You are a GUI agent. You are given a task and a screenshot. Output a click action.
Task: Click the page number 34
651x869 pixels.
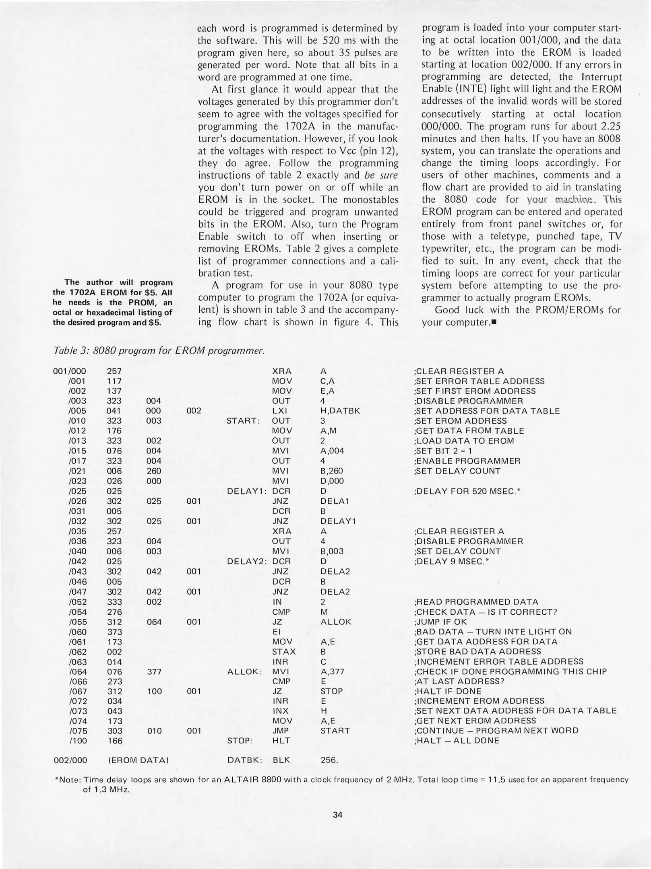pyautogui.click(x=337, y=815)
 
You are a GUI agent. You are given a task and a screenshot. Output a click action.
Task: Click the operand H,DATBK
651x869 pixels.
pyautogui.click(x=340, y=411)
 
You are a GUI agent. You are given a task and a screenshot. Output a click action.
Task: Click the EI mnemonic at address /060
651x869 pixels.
pyautogui.click(x=276, y=632)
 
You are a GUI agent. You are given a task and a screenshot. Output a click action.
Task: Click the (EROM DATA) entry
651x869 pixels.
pyautogui.click(x=138, y=760)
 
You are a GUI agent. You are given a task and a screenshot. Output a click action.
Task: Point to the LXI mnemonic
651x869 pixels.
pyautogui.click(x=280, y=411)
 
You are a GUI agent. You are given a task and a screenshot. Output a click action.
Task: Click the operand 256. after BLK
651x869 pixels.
pyautogui.click(x=329, y=760)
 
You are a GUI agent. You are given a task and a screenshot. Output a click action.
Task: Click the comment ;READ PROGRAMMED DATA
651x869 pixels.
pyautogui.click(x=476, y=602)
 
